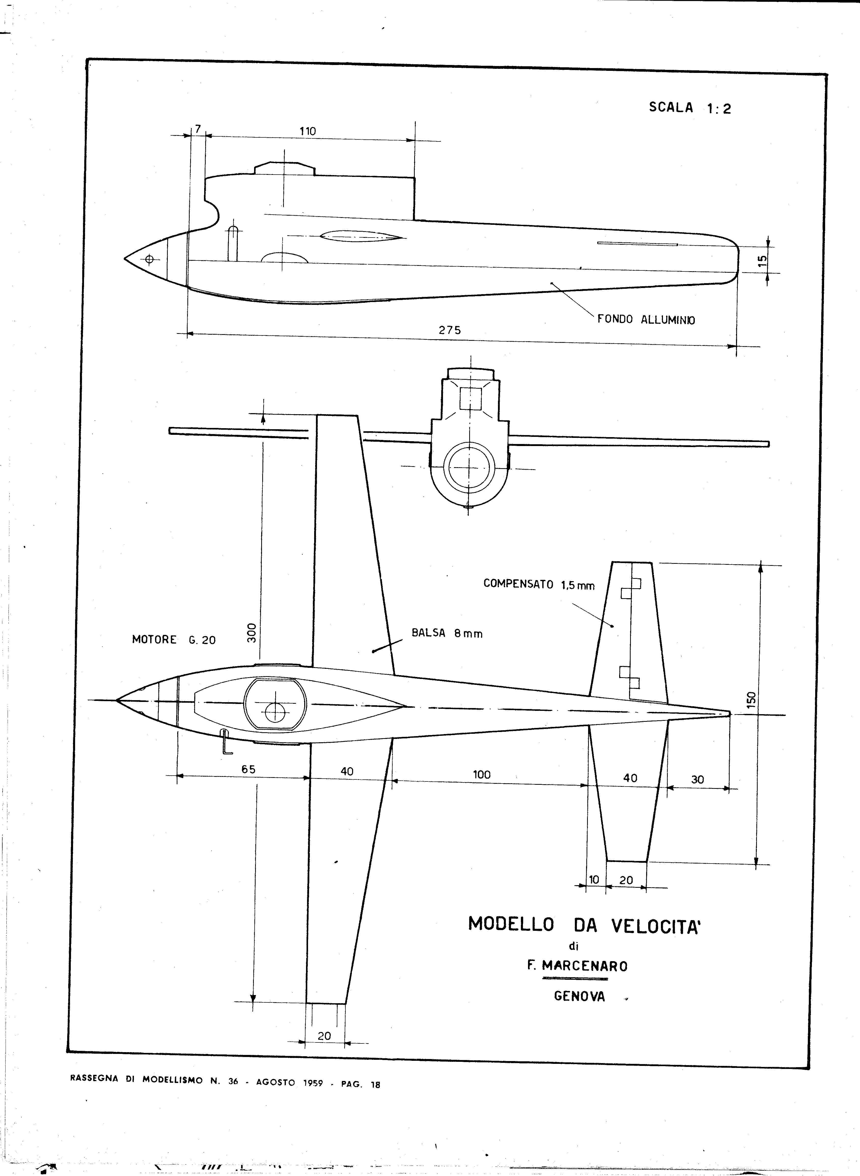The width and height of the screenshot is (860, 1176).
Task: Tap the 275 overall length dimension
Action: coord(450,330)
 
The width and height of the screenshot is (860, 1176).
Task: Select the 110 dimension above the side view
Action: coord(308,131)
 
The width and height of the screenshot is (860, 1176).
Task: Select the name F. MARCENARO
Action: coord(577,965)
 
